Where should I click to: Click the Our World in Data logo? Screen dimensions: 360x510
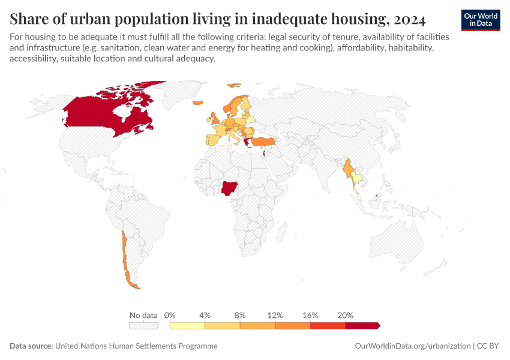(x=481, y=20)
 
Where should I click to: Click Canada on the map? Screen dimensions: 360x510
(x=108, y=111)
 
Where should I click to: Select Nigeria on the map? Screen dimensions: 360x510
(x=229, y=189)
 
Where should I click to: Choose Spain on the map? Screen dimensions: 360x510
(x=213, y=140)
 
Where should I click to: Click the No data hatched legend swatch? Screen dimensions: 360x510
(x=143, y=325)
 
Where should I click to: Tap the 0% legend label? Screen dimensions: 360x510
(x=170, y=315)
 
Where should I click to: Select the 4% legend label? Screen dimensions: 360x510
(x=205, y=315)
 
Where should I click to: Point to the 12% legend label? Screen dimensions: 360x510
(x=275, y=315)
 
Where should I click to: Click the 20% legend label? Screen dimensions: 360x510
(x=346, y=315)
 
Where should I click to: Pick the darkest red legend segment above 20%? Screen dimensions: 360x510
(x=362, y=325)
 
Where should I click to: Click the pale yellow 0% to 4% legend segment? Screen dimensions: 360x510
(x=187, y=325)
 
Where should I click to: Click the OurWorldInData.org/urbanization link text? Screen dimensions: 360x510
(x=412, y=346)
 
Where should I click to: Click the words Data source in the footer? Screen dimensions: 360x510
(x=31, y=346)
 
